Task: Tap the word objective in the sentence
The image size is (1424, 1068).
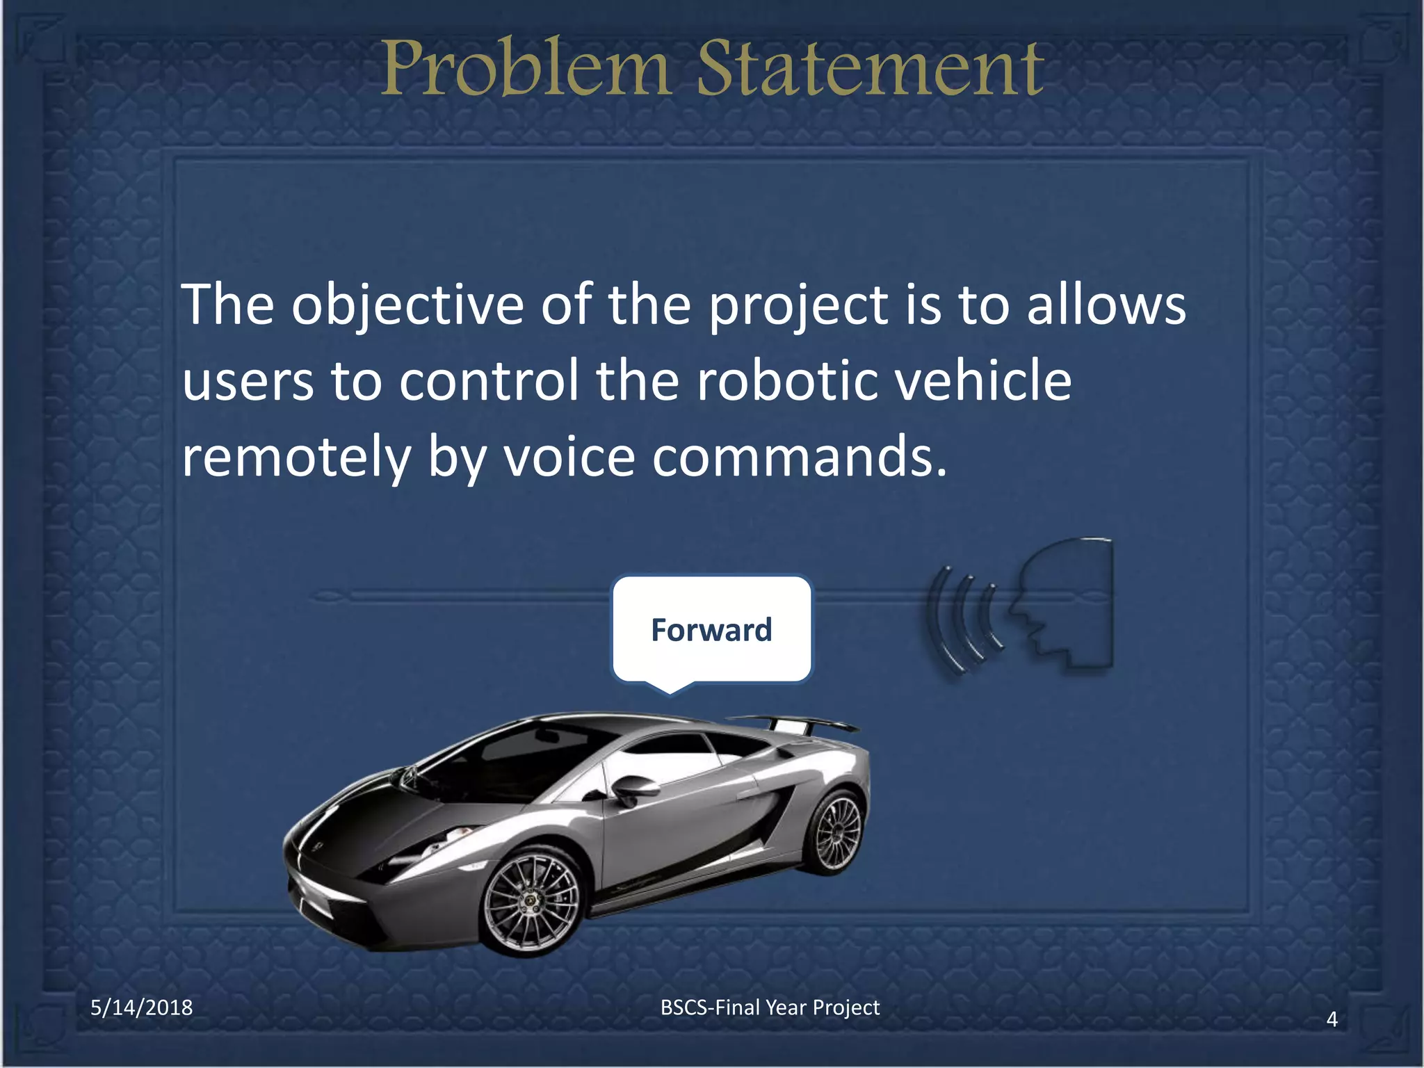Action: [407, 306]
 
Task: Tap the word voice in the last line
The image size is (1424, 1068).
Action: [569, 458]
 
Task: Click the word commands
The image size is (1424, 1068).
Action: [800, 458]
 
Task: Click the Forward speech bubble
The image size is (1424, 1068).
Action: [711, 630]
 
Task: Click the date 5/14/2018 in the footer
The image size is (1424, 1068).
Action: [142, 1008]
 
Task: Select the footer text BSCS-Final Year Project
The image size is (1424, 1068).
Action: [770, 1008]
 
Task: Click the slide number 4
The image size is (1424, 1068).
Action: [1332, 1019]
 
